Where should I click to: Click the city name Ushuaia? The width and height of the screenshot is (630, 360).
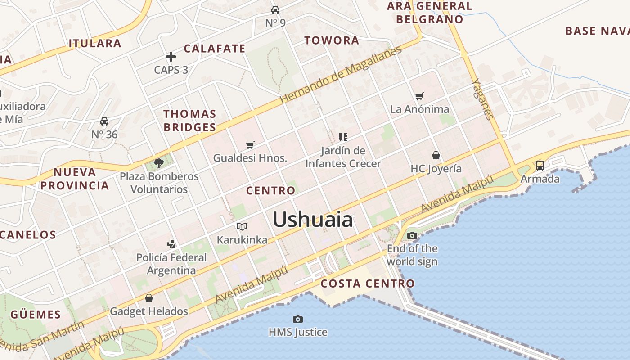pos(313,220)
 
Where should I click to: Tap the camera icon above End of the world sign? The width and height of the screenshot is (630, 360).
pos(412,235)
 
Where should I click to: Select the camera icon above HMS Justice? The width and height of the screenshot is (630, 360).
pos(297,319)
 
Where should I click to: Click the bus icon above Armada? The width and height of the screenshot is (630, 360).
pos(540,165)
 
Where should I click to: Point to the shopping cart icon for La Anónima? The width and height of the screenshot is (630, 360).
pos(419,96)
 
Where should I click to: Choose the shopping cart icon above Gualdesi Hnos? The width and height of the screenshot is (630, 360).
pos(250,145)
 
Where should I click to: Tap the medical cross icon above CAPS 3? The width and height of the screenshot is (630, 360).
pos(171,57)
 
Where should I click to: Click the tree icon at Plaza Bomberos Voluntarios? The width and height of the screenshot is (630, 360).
pos(158,162)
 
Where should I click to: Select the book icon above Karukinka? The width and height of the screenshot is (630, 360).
pos(242,226)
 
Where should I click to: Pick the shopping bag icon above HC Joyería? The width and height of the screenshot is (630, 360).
pos(436,155)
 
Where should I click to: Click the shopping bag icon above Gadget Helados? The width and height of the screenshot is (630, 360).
pos(149,298)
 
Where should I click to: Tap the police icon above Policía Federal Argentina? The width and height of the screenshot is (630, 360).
pos(171,244)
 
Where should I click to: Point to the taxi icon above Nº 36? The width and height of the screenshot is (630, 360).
pos(104,121)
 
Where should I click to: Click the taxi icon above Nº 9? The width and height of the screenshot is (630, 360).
pos(275,9)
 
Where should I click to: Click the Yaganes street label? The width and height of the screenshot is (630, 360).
pos(482,99)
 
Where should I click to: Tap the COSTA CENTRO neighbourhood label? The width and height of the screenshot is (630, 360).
pos(367,283)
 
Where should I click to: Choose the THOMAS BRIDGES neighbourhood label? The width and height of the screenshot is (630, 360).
pos(189,121)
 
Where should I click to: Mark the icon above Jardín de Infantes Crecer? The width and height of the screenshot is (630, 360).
pos(343,137)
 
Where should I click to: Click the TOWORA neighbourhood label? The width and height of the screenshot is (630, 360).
pos(332,40)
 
